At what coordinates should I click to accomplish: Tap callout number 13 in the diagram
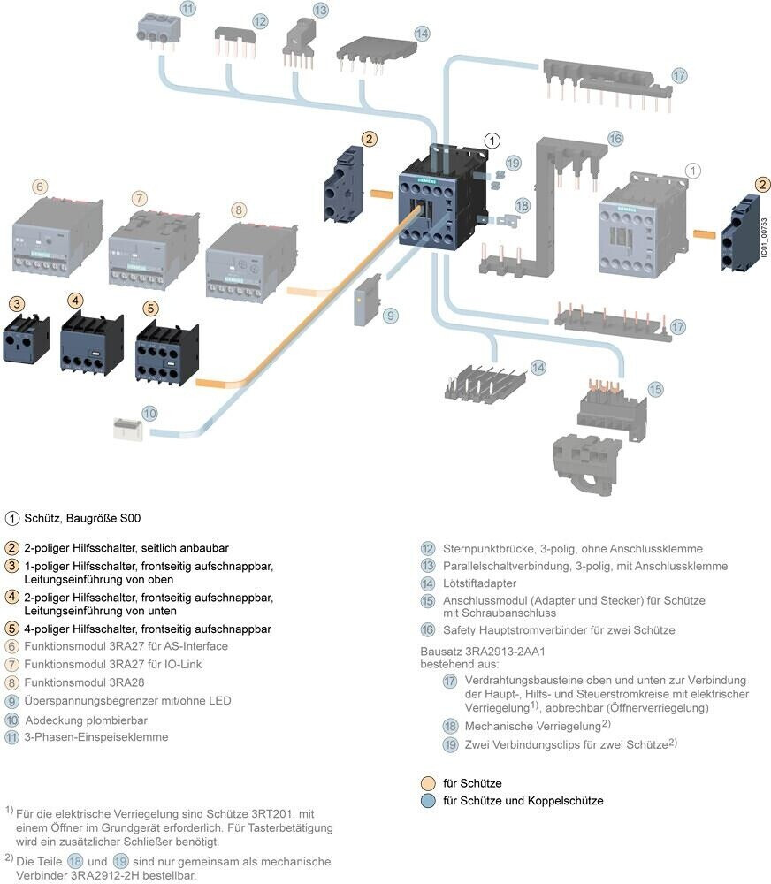[320, 10]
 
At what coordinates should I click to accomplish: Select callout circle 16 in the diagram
[615, 138]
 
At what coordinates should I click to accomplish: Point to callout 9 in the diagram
[391, 315]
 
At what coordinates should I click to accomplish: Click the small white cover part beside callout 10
[130, 430]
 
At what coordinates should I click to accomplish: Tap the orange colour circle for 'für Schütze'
[429, 783]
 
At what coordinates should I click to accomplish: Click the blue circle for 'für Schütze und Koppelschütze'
[429, 801]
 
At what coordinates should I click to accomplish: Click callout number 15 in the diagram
[654, 389]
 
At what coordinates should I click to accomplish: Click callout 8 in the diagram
[239, 210]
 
